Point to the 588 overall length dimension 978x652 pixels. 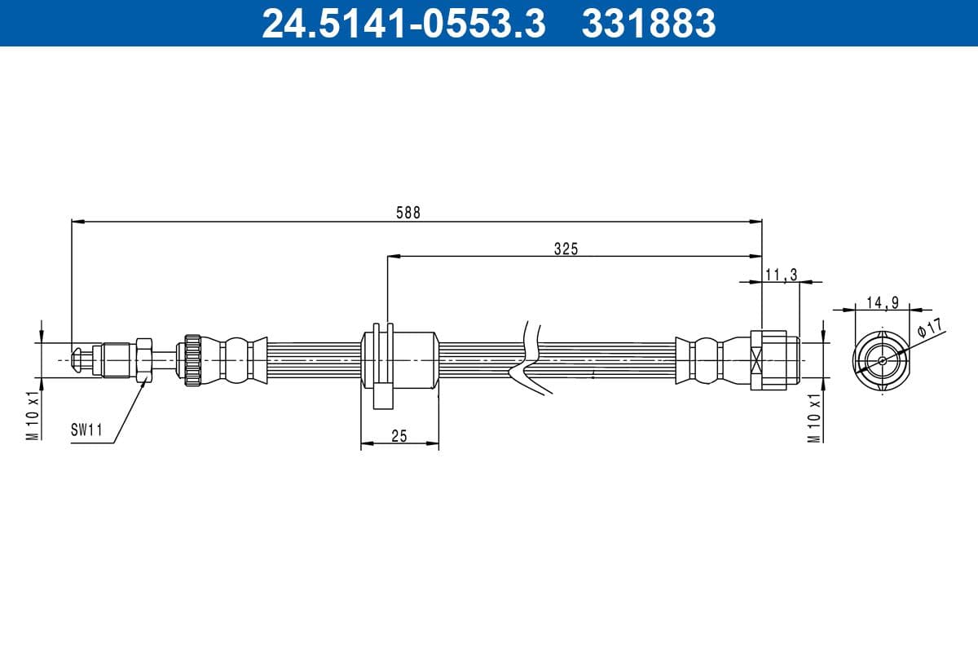pos(407,212)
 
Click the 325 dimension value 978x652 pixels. pos(566,249)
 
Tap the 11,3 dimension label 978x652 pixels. pos(781,275)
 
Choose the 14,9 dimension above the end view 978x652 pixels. pos(882,302)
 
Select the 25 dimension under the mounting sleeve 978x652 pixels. pos(399,437)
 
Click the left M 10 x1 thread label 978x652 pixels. pos(33,415)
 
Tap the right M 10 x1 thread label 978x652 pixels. pos(813,417)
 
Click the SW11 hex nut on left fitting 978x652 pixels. pos(144,359)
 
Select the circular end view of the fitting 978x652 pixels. pos(883,359)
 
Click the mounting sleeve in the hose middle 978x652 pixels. pos(399,359)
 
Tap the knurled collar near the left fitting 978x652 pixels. pos(192,359)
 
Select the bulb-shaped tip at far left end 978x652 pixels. pos(77,359)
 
